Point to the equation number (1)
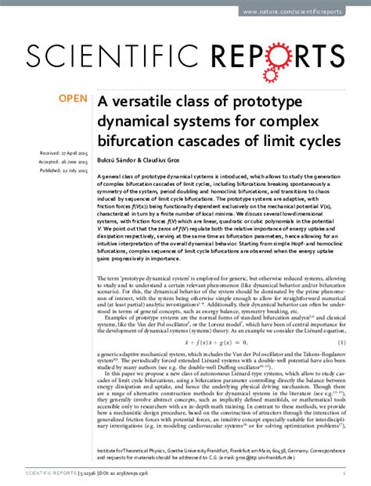coord(344,320)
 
